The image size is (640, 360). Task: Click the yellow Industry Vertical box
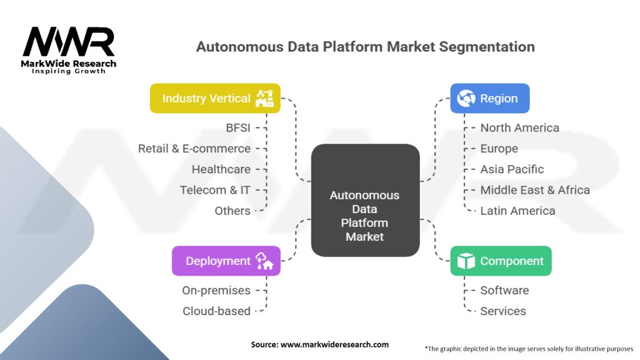pyautogui.click(x=215, y=98)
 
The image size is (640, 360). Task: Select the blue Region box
pyautogui.click(x=490, y=98)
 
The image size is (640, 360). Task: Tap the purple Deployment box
pyautogui.click(x=226, y=261)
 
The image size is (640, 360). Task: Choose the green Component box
pyautogui.click(x=501, y=261)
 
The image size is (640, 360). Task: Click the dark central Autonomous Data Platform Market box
pyautogui.click(x=365, y=200)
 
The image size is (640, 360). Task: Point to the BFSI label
pyautogui.click(x=238, y=127)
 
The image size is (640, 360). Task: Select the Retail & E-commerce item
pyautogui.click(x=194, y=149)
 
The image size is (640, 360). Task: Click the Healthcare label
pyautogui.click(x=221, y=169)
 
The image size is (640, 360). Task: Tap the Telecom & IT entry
pyautogui.click(x=215, y=190)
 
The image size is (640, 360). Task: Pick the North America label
pyautogui.click(x=519, y=127)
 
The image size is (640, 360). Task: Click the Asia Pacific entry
pyautogui.click(x=512, y=169)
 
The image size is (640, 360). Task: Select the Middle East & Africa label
pyautogui.click(x=535, y=190)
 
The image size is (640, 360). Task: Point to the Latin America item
pyautogui.click(x=517, y=211)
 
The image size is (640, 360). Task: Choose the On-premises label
pyautogui.click(x=216, y=291)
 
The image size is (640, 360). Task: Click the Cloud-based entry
pyautogui.click(x=216, y=311)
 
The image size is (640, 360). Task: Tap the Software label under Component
pyautogui.click(x=504, y=291)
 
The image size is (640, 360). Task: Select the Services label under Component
pyautogui.click(x=503, y=311)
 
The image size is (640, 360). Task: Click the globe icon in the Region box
pyautogui.click(x=466, y=98)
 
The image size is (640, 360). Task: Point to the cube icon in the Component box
pyautogui.click(x=466, y=261)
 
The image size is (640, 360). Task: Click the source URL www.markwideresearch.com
pyautogui.click(x=335, y=344)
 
